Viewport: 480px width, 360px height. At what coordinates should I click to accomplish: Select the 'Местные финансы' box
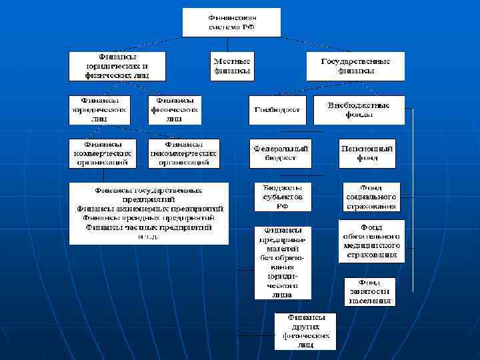[x=232, y=65]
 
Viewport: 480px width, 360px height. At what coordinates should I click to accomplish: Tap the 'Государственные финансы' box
[x=355, y=65]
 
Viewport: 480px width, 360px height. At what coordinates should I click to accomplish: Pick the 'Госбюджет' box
[x=277, y=110]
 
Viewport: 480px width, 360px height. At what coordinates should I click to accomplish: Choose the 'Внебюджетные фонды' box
[x=359, y=110]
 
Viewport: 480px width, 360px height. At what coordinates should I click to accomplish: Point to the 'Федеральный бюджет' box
[x=281, y=153]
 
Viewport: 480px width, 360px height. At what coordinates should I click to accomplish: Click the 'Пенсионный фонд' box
[x=367, y=153]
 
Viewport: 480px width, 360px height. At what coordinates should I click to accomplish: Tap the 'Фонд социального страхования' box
[x=371, y=197]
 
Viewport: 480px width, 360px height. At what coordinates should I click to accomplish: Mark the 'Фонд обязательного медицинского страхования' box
[x=371, y=241]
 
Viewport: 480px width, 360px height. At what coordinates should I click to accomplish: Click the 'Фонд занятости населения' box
[x=369, y=291]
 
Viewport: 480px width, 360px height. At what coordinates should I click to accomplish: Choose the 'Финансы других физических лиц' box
[x=306, y=331]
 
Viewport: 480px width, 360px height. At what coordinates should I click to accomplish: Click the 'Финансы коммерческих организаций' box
[x=103, y=153]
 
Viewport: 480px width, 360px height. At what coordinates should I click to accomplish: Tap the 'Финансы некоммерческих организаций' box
[x=184, y=153]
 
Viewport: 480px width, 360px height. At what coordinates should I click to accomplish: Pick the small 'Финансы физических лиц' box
[x=175, y=109]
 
